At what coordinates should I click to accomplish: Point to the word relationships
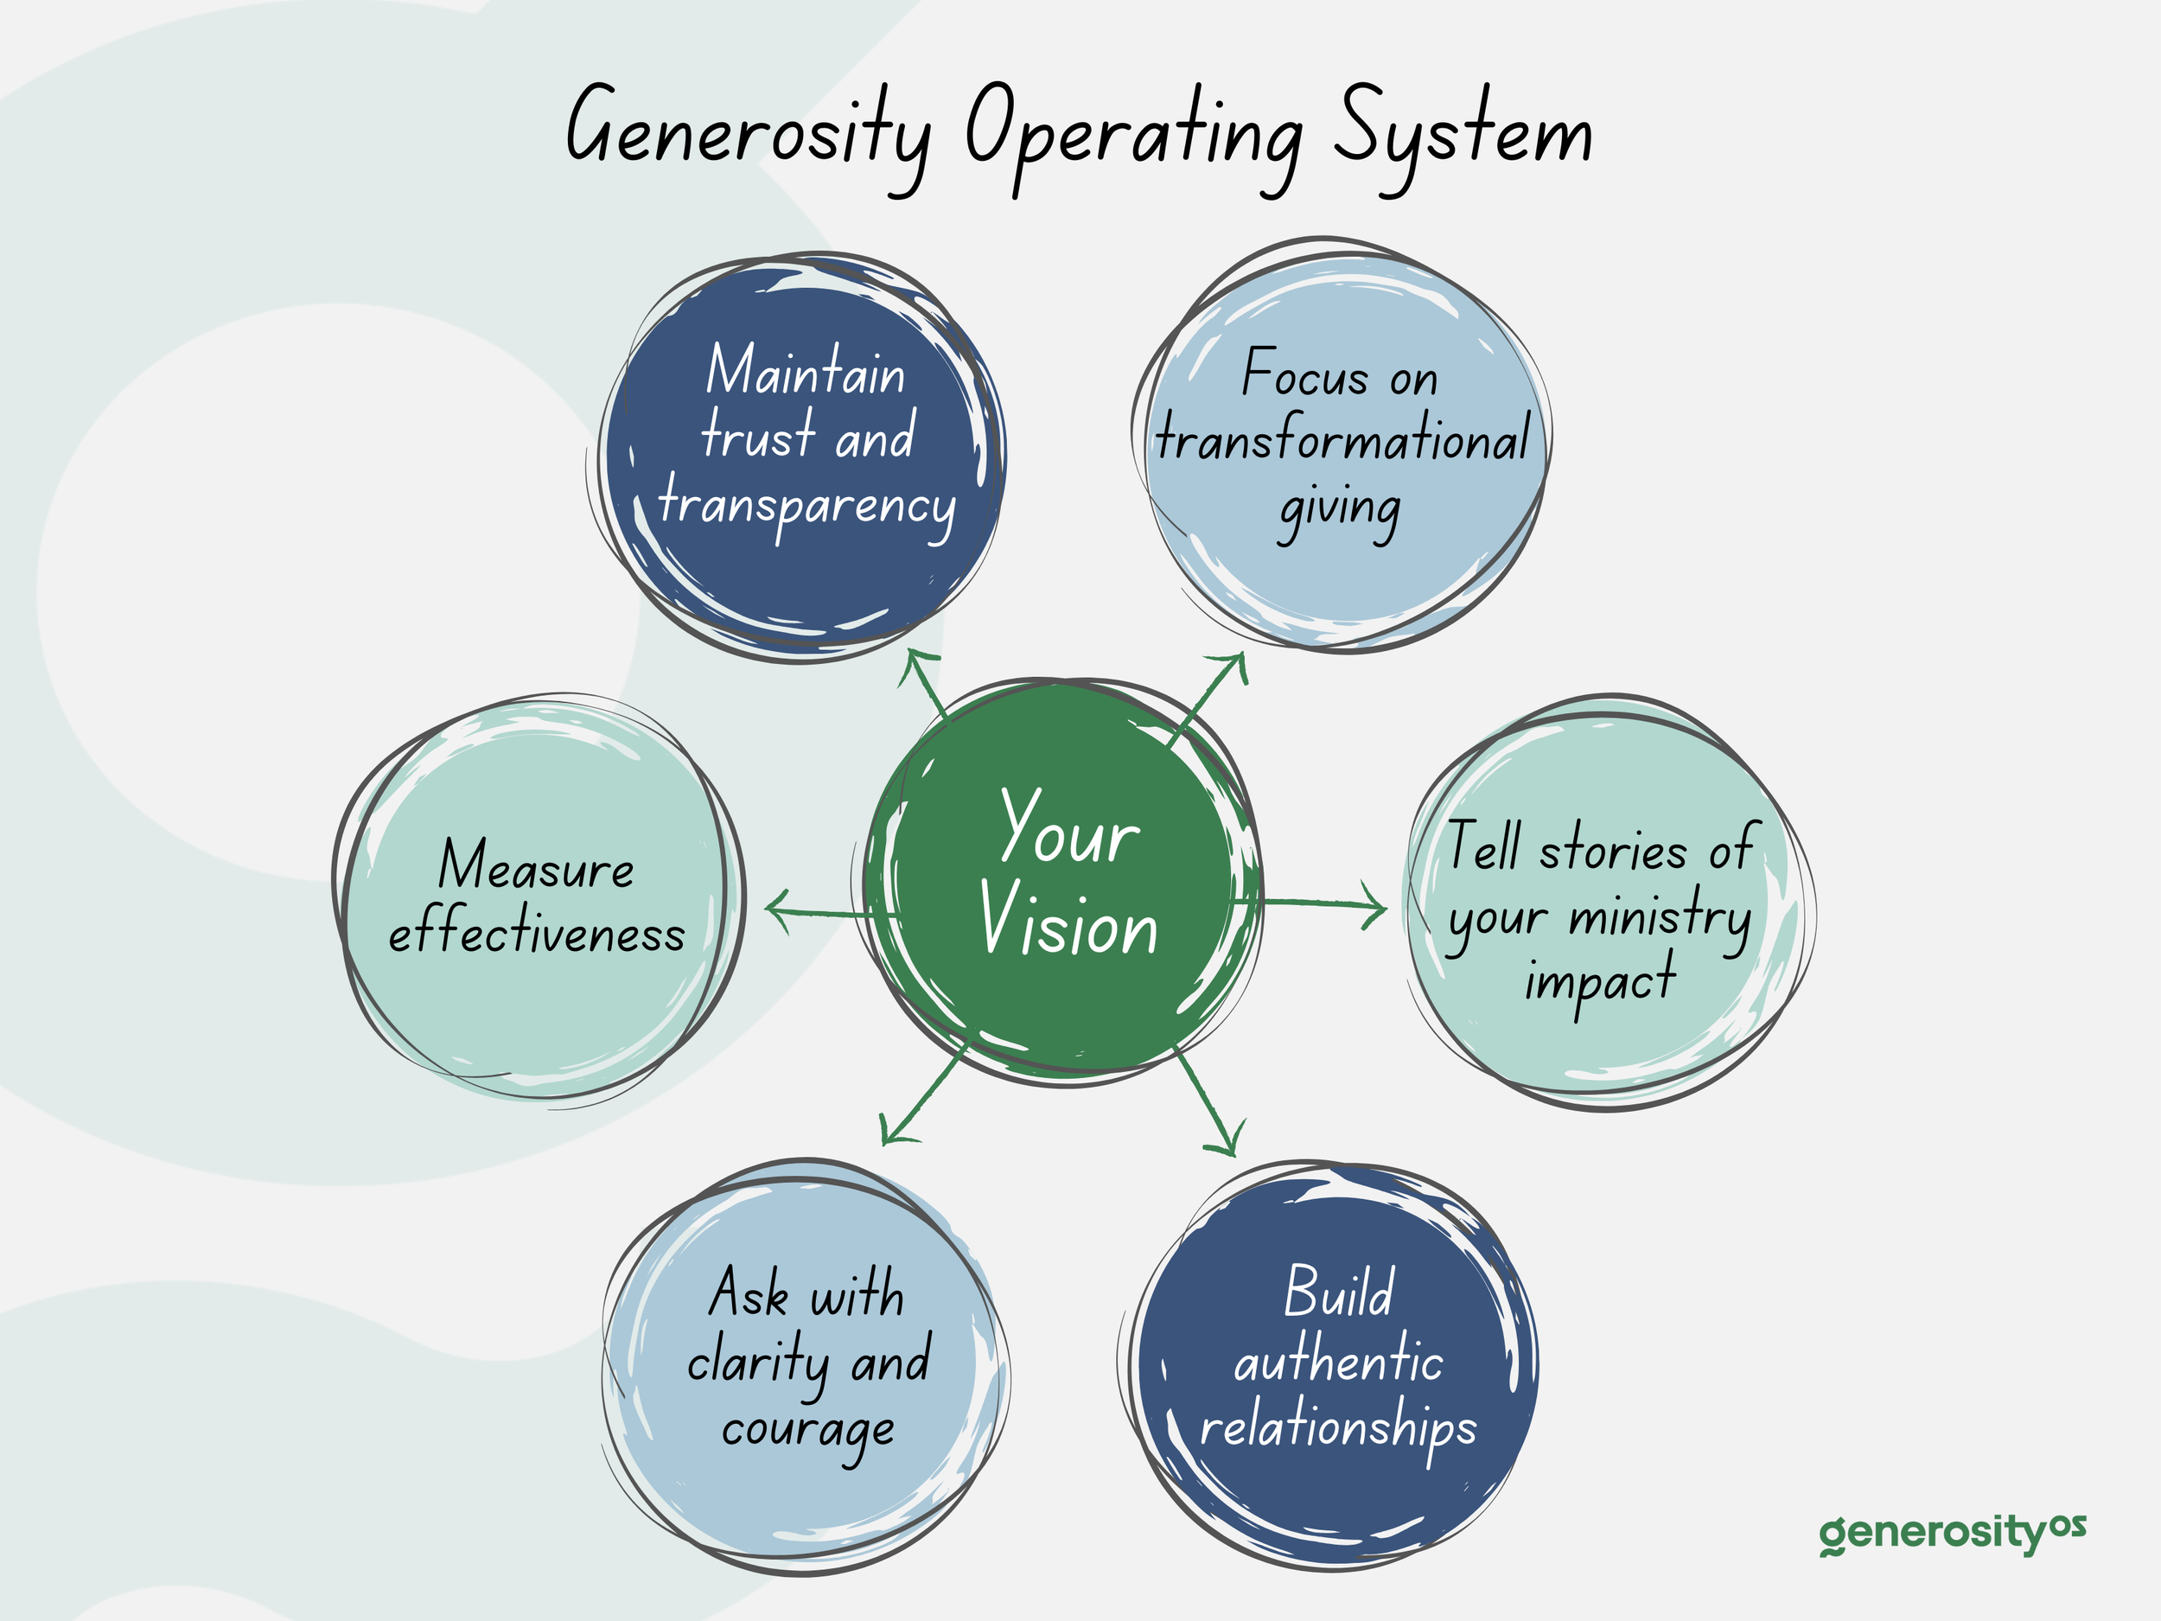[1337, 1428]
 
